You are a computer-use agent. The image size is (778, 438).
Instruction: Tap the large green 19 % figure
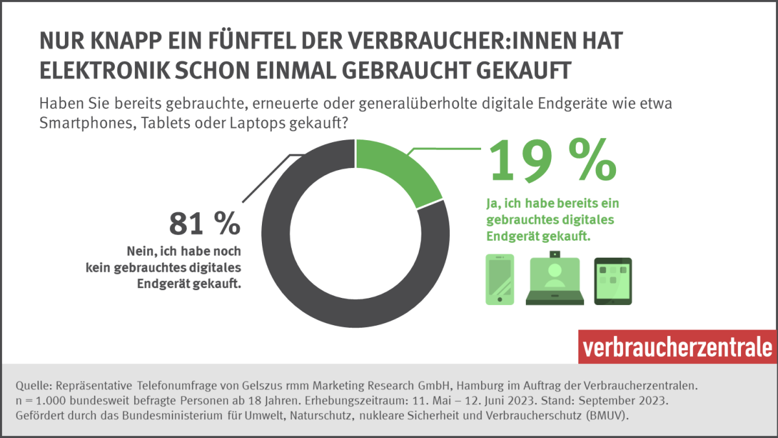[551, 160]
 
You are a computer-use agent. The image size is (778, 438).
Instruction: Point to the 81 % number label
[204, 225]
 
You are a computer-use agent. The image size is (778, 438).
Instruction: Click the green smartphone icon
[499, 279]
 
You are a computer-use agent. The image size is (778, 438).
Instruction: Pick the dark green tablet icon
[613, 281]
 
